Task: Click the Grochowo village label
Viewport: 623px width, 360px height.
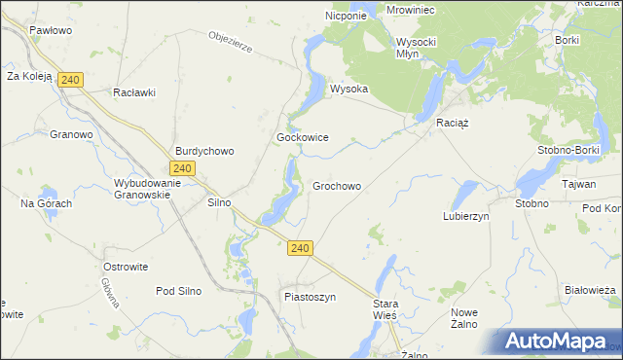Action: click(x=337, y=186)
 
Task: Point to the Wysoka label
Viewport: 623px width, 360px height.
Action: click(x=348, y=89)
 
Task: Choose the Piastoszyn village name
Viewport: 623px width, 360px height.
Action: click(x=310, y=297)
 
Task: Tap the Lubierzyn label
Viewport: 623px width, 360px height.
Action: click(x=465, y=216)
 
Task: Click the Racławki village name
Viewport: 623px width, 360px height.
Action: click(x=134, y=92)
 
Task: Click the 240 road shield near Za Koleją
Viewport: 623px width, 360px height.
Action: click(x=68, y=80)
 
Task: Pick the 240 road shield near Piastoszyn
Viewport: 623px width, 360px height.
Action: click(x=300, y=249)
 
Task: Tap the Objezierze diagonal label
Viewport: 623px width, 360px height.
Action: click(x=231, y=43)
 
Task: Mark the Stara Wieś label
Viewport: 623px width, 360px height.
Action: click(x=386, y=310)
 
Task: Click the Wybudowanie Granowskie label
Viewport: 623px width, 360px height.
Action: click(x=142, y=189)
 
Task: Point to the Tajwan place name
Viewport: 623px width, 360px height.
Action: click(x=578, y=184)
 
